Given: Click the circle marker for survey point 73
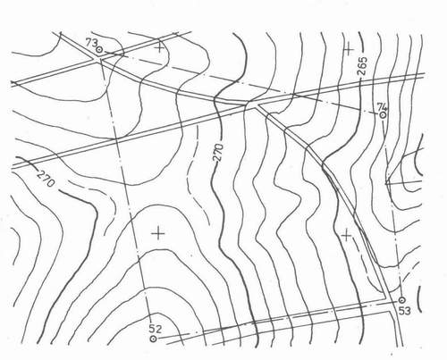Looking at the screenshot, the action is coord(99,50).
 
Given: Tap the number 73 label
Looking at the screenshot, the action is coord(91,43).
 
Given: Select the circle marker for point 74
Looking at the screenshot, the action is coord(383,114).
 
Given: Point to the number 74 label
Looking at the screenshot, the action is coord(382,106).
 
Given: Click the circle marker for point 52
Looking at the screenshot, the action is coord(153,339).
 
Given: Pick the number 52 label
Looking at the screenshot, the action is coord(155,329).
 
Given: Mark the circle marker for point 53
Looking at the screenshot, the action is coord(401,299).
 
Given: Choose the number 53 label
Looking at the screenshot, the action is coord(404,311).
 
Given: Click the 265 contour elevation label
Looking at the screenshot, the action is coord(362,67).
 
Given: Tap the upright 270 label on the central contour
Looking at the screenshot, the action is coord(218,153).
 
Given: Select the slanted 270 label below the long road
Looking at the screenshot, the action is coord(46,178).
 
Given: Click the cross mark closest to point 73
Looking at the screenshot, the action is coord(160,47).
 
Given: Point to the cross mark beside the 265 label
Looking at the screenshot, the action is coord(349,49).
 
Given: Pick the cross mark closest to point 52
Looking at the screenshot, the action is coord(158,233).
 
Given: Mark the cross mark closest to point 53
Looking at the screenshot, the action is coord(346,236).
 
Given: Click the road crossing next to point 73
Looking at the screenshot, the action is coord(98,59).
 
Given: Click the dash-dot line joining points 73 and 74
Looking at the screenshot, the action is coord(240,82).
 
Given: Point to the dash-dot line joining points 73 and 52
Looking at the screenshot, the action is coord(126,194).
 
